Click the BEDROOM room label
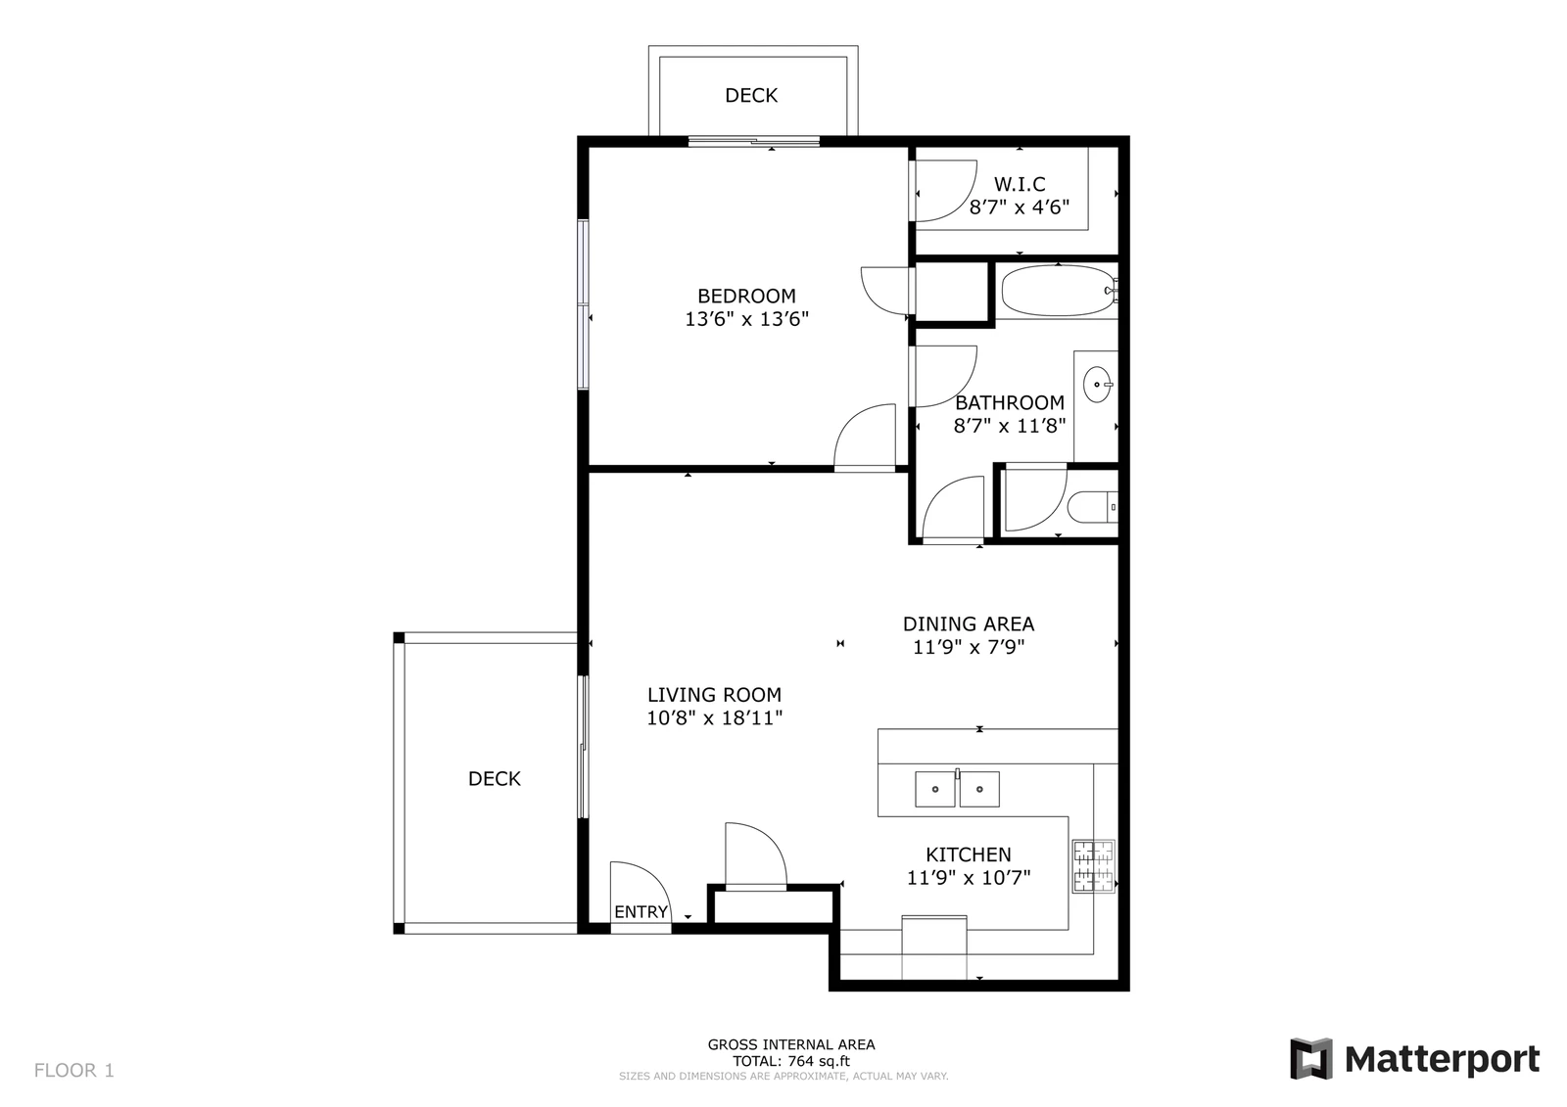[746, 296]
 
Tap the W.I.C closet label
[1020, 185]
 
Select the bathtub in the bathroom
[1060, 291]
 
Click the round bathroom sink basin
[1097, 385]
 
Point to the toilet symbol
[1093, 507]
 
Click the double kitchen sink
[957, 789]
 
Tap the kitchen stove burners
[1093, 866]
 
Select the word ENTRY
[641, 912]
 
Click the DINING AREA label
[969, 623]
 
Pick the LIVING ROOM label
[714, 695]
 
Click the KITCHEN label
[969, 854]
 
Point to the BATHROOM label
[1010, 403]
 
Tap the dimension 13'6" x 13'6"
[746, 319]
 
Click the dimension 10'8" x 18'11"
[714, 718]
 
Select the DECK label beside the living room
[494, 779]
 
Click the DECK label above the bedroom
[751, 95]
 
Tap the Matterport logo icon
[1311, 1059]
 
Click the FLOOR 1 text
[74, 1071]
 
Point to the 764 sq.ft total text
[791, 1061]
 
